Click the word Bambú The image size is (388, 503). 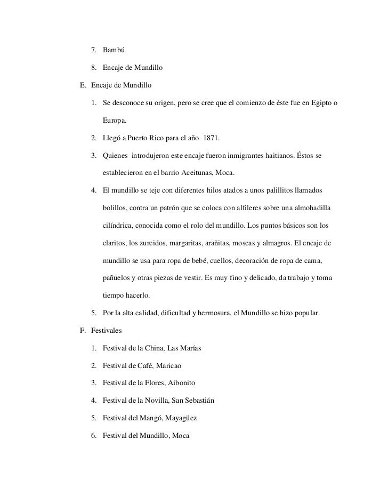pyautogui.click(x=114, y=51)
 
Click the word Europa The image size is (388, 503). pyautogui.click(x=115, y=121)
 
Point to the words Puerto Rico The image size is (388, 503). pyautogui.click(x=143, y=139)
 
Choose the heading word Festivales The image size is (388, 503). pyautogui.click(x=107, y=331)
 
